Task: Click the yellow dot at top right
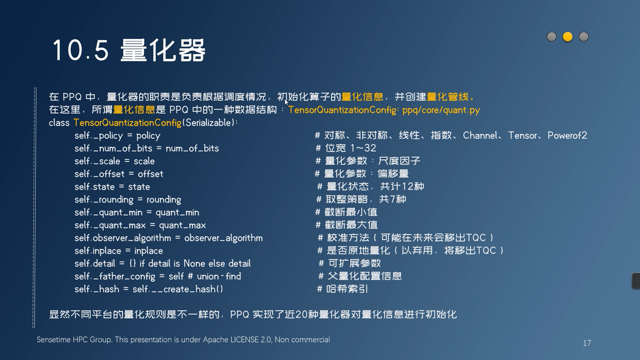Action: click(568, 37)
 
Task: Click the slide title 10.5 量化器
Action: click(129, 50)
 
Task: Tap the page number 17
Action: click(587, 343)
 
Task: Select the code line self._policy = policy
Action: click(117, 136)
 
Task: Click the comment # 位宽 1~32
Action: click(346, 148)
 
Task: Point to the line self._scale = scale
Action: click(115, 161)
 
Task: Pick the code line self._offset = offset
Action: click(119, 174)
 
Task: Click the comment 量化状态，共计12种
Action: click(375, 186)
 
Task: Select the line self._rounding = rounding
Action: click(128, 200)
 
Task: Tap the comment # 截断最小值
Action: click(346, 212)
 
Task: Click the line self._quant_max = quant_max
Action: click(140, 225)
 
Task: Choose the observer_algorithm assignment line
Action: click(169, 238)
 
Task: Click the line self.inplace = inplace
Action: click(119, 251)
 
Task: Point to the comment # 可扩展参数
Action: click(350, 263)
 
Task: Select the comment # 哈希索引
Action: click(343, 289)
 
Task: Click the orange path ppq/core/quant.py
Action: click(441, 110)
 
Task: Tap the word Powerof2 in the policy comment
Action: click(567, 135)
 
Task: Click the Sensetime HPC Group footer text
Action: click(183, 340)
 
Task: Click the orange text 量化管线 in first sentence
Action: click(448, 97)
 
